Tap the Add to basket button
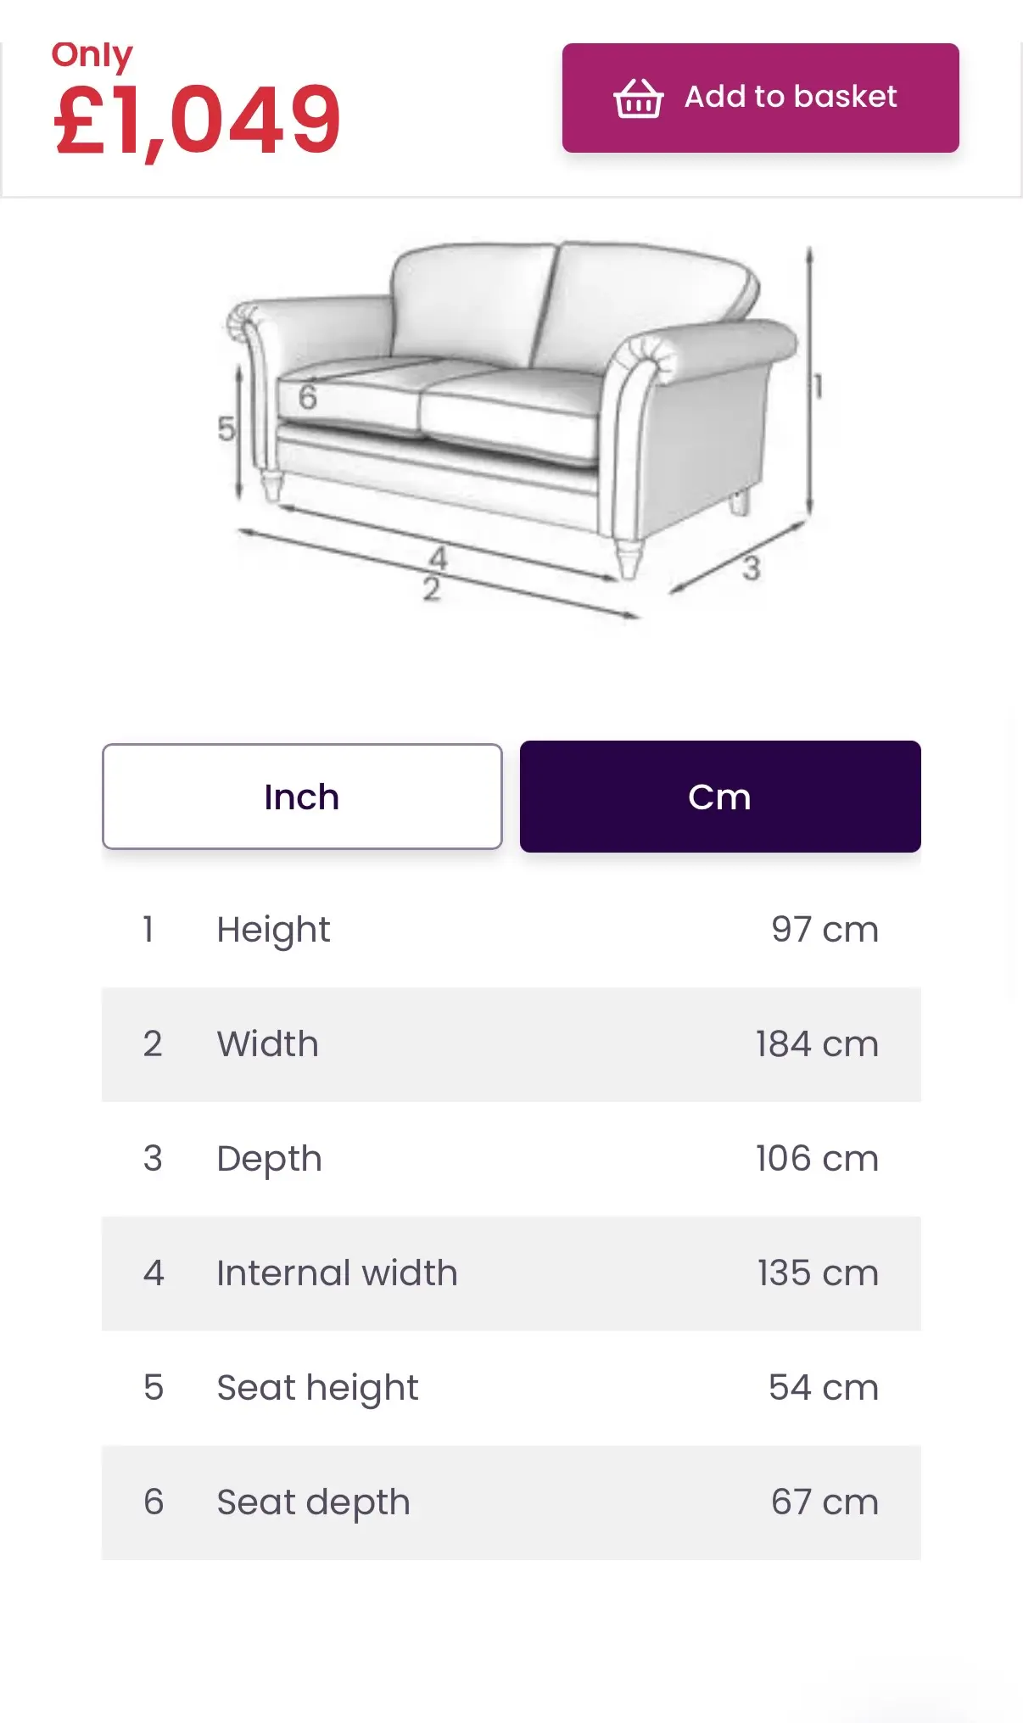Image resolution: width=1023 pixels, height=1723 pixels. [x=760, y=98]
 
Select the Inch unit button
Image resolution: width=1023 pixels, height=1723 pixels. [x=302, y=797]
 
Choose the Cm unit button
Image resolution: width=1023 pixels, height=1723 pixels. [x=720, y=797]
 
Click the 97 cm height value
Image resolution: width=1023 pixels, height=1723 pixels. [x=825, y=930]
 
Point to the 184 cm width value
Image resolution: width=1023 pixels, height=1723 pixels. [x=817, y=1044]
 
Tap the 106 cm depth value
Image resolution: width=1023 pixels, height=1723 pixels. [x=817, y=1159]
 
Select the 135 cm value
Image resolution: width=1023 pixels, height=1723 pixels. [x=818, y=1273]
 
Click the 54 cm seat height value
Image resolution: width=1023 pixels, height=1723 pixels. [x=824, y=1388]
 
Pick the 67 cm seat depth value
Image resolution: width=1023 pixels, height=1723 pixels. [x=825, y=1502]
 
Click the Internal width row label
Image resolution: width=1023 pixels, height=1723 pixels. [x=337, y=1273]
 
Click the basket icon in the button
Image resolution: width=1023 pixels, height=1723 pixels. [x=638, y=98]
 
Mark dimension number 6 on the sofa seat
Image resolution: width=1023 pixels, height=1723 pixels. [x=307, y=396]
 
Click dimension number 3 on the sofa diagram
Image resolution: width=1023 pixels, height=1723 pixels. [x=751, y=568]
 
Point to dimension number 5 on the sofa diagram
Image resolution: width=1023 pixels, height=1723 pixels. [x=226, y=428]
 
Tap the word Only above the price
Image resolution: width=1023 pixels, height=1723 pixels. [x=92, y=56]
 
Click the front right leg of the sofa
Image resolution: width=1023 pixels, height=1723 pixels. [x=629, y=557]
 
